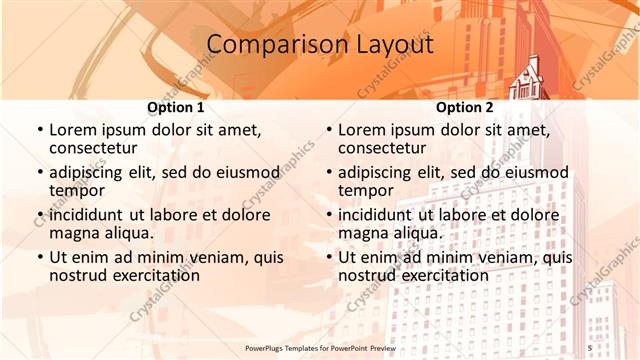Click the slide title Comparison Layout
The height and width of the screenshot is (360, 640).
point(320,45)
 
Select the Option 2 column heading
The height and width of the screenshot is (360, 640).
point(464,107)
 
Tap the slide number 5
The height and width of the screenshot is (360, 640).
point(589,347)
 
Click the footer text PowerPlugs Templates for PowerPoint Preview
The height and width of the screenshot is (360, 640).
point(320,347)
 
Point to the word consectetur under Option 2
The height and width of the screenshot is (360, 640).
point(383,148)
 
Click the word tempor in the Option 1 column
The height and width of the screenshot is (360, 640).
point(78,191)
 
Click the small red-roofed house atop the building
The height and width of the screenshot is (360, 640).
point(527,76)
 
